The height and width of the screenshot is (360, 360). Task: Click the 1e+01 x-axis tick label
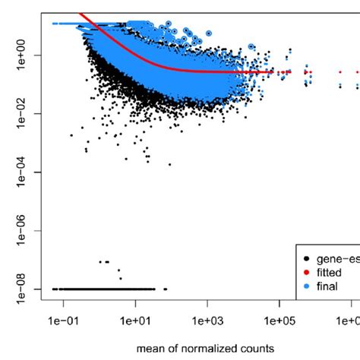[x=134, y=324]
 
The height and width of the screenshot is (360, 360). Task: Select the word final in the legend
[x=329, y=286]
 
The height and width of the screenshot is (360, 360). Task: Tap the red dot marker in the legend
[x=307, y=272]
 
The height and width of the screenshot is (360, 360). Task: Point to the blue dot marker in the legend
[x=307, y=286]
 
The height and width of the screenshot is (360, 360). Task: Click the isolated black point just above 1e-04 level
[x=170, y=164]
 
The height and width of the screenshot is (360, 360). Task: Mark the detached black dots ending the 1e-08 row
[x=165, y=289]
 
